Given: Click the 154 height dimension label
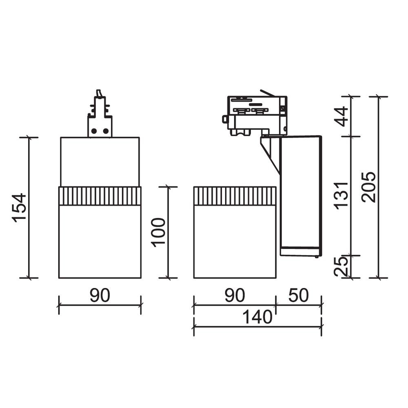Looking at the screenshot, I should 20,207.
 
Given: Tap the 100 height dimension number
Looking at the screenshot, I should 159,232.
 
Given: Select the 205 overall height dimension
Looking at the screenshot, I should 368,187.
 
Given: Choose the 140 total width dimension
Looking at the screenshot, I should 257,317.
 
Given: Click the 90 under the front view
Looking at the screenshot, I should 100,295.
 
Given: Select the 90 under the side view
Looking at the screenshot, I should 234,295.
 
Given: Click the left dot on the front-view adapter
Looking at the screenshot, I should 94,131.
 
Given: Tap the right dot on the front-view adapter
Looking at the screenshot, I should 106,131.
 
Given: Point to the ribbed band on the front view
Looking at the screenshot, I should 100,196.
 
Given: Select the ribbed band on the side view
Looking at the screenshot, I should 235,196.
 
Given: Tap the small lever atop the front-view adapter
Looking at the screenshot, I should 98,93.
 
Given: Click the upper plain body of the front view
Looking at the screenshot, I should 100,162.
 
